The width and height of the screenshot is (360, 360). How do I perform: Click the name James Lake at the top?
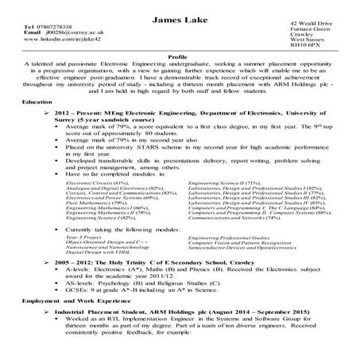point(180,8)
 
